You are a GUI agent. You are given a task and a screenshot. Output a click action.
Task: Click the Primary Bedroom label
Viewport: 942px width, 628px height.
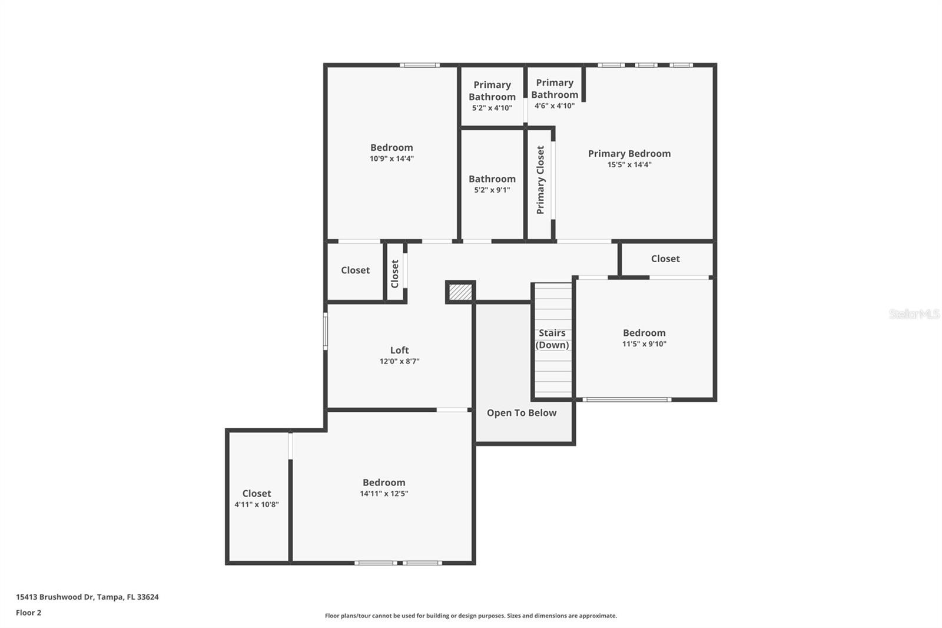pos(629,154)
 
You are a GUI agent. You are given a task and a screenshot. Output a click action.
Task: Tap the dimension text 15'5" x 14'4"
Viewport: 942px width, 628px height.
pos(629,165)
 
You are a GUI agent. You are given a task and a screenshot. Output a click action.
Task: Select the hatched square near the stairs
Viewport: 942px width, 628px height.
pos(460,292)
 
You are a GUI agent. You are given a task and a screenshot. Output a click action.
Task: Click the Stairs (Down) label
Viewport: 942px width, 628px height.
pos(552,339)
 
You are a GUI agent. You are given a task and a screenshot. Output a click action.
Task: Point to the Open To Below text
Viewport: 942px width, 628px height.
pos(521,413)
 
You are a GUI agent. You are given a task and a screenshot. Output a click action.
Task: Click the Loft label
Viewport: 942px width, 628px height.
pos(399,350)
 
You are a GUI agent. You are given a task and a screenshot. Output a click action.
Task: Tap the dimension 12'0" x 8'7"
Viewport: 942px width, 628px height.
pos(399,362)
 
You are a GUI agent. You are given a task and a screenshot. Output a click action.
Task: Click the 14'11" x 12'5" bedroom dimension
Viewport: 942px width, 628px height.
pos(384,494)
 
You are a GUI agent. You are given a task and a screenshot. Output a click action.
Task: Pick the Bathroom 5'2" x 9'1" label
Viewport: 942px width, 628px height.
pos(492,179)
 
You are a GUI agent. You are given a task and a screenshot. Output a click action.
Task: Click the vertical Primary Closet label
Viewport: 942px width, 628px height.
pos(540,180)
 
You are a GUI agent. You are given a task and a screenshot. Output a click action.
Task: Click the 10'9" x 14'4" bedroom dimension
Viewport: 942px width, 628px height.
pos(392,159)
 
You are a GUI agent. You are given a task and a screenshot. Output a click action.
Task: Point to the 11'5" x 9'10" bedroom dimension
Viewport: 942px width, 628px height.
pos(644,344)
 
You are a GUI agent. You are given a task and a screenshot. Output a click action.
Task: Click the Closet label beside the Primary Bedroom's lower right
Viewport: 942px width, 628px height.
pos(665,259)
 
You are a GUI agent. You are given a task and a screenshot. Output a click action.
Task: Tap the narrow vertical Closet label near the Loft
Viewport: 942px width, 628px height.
pos(395,273)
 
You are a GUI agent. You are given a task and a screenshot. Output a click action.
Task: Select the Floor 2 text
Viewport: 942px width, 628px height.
pos(28,613)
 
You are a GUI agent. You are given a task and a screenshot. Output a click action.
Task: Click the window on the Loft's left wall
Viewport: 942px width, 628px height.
pos(326,331)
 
